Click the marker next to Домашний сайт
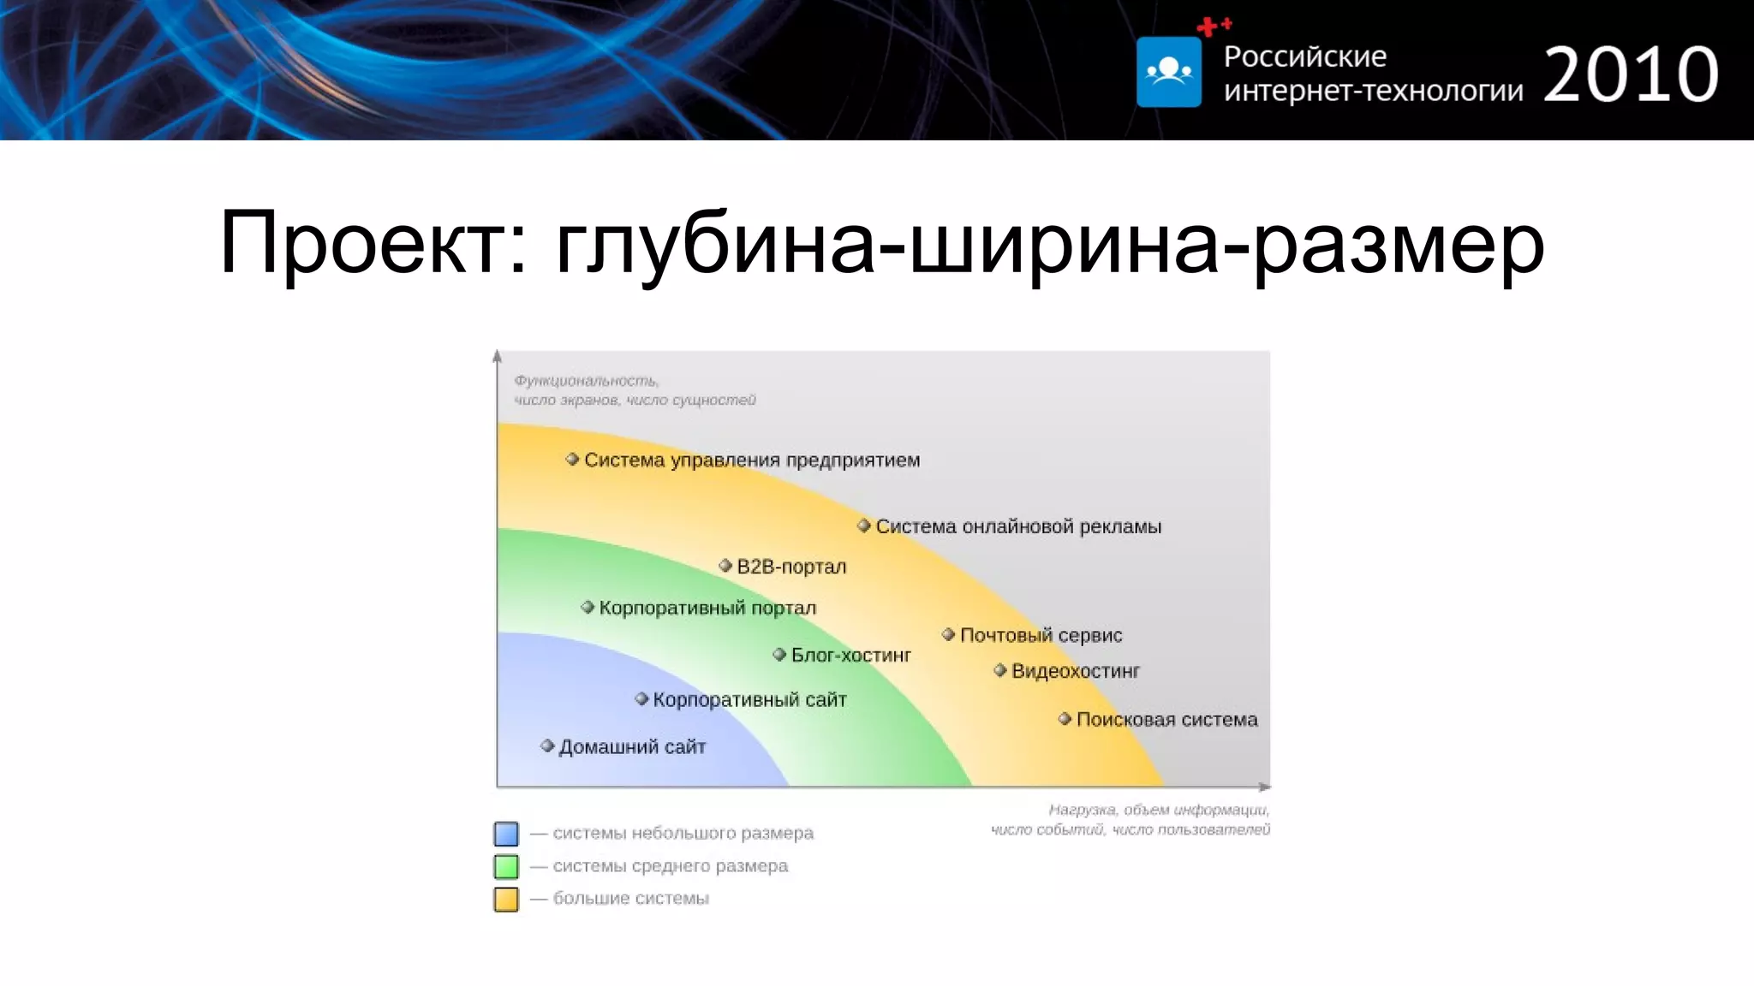(547, 745)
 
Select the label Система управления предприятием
(751, 460)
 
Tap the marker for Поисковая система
(1065, 719)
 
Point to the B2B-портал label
(790, 567)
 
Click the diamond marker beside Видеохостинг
(999, 670)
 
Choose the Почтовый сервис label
(1041, 635)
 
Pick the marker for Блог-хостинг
(779, 655)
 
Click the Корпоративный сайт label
(749, 700)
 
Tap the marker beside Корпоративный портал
(587, 607)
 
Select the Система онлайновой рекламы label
(1017, 526)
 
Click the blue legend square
(506, 834)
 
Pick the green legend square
(506, 866)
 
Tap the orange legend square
(506, 899)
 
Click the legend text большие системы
(630, 899)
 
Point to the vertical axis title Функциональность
(586, 381)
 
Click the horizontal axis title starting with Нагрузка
(1158, 810)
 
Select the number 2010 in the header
(1631, 75)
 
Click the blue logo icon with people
(1168, 72)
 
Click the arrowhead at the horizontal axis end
(1265, 787)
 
